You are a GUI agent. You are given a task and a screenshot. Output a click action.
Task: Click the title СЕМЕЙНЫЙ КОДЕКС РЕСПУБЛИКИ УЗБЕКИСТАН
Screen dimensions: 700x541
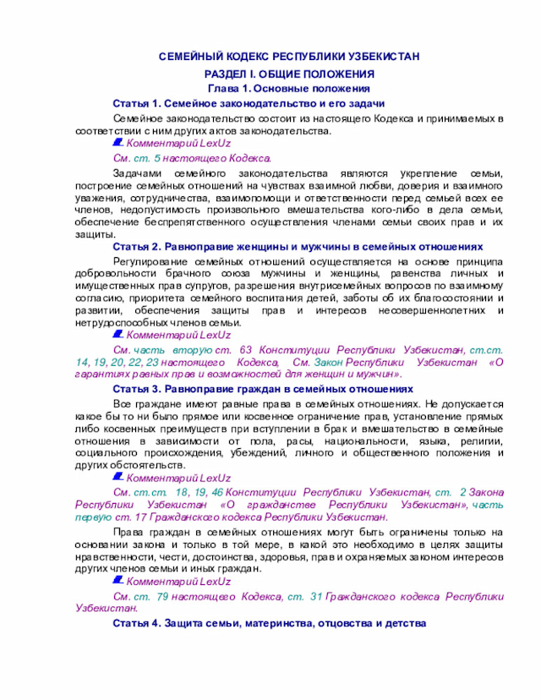pyautogui.click(x=289, y=57)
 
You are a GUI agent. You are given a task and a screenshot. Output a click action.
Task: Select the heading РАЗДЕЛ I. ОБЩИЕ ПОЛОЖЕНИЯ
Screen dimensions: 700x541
pyautogui.click(x=289, y=74)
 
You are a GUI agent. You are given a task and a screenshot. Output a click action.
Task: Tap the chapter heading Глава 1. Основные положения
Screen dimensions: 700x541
pyautogui.click(x=289, y=88)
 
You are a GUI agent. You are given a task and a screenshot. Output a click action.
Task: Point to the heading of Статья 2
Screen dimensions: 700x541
pyautogui.click(x=298, y=246)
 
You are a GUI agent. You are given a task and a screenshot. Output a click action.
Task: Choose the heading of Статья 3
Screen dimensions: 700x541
pyautogui.click(x=262, y=389)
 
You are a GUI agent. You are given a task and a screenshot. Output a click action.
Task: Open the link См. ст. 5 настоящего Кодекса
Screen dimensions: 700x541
pyautogui.click(x=193, y=158)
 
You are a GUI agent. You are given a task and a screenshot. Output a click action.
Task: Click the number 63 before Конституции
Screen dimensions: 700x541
pyautogui.click(x=247, y=349)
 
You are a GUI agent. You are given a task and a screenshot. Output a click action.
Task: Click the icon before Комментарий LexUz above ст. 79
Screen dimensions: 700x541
pyautogui.click(x=118, y=582)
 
